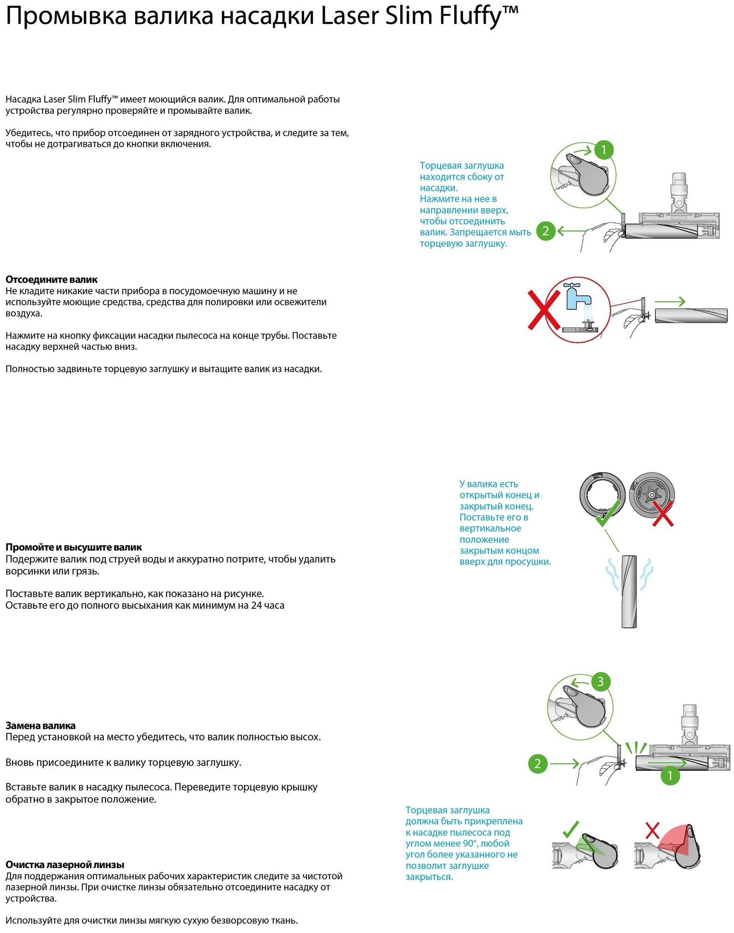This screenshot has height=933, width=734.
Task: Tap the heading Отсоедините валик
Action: click(x=51, y=279)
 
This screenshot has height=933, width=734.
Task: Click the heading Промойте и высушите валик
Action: click(x=73, y=547)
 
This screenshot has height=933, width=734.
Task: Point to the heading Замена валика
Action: click(x=40, y=725)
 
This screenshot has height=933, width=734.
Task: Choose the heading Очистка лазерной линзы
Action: click(x=64, y=864)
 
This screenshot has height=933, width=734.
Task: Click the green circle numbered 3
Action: click(x=600, y=682)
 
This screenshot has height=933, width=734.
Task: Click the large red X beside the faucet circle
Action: click(x=543, y=310)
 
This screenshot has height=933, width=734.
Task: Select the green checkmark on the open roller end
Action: click(x=607, y=513)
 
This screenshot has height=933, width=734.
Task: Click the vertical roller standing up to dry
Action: click(x=629, y=591)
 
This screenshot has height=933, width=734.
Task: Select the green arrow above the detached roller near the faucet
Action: click(x=670, y=302)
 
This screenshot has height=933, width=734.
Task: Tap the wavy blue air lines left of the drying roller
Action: click(x=612, y=575)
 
